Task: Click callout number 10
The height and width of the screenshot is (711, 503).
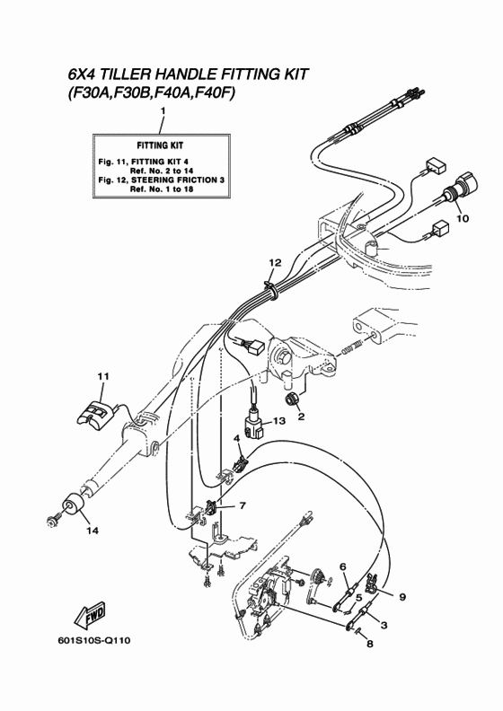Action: click(463, 218)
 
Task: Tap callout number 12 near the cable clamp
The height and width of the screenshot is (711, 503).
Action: click(275, 262)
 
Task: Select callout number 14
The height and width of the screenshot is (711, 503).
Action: click(93, 531)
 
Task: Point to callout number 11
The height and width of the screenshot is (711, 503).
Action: click(103, 376)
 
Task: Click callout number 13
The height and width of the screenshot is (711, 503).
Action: click(279, 421)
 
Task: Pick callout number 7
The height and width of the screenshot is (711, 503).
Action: click(243, 505)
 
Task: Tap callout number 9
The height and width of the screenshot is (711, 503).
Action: click(402, 597)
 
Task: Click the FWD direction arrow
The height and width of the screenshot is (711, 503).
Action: click(89, 617)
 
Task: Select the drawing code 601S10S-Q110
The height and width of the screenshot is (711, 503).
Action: click(94, 641)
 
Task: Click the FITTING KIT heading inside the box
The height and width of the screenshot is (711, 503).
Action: click(160, 145)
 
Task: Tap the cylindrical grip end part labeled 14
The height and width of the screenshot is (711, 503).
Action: click(72, 505)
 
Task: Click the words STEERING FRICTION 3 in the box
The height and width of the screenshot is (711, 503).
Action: click(178, 180)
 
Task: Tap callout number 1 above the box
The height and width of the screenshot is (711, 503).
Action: click(163, 110)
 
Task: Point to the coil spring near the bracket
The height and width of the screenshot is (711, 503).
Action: click(350, 348)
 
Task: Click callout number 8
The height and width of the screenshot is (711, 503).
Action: click(370, 644)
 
